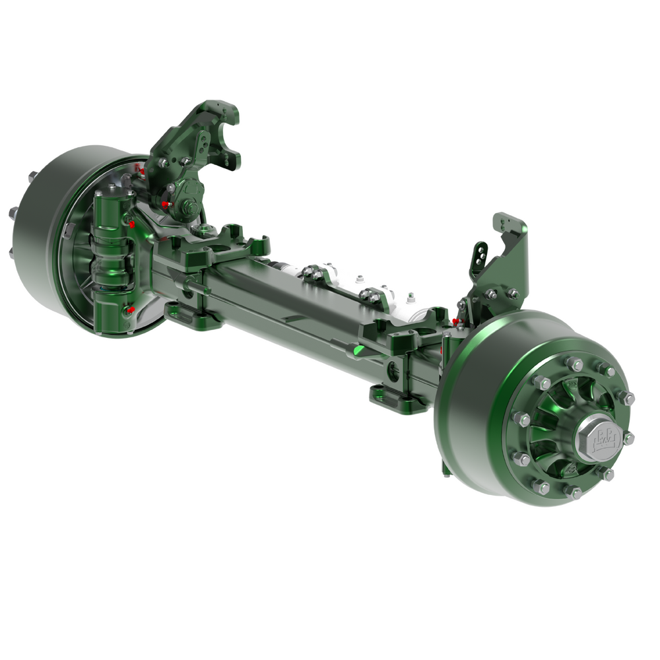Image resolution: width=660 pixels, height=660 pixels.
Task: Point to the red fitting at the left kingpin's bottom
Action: (x=131, y=309)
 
